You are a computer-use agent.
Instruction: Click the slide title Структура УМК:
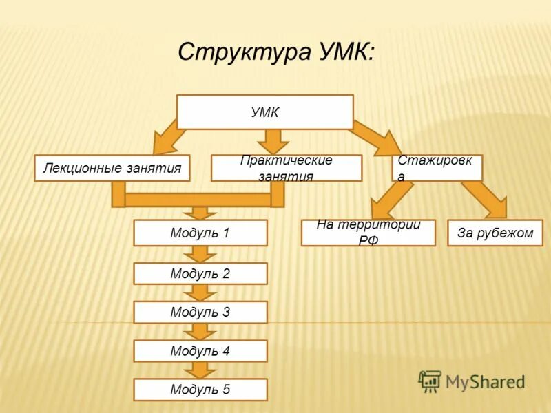pos(276,52)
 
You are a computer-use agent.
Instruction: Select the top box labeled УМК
pos(265,112)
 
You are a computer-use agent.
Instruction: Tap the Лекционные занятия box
pos(112,168)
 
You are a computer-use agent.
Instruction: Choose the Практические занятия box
pos(286,168)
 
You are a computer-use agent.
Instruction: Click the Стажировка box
pos(437,168)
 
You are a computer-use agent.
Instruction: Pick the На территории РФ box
pos(368,233)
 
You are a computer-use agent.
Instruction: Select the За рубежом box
pos(495,233)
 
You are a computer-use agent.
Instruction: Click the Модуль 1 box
pos(200,233)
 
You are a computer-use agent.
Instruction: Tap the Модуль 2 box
pos(200,274)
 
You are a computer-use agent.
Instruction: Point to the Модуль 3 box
pos(200,313)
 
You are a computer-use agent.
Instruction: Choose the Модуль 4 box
pos(200,351)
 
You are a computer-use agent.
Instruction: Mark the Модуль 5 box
pos(200,390)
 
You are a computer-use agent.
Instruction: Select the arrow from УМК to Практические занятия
pos(273,141)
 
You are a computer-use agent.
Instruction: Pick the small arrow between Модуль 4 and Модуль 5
pos(200,370)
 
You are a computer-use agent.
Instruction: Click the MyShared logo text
pos(485,381)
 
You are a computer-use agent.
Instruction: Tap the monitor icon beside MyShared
pos(430,381)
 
